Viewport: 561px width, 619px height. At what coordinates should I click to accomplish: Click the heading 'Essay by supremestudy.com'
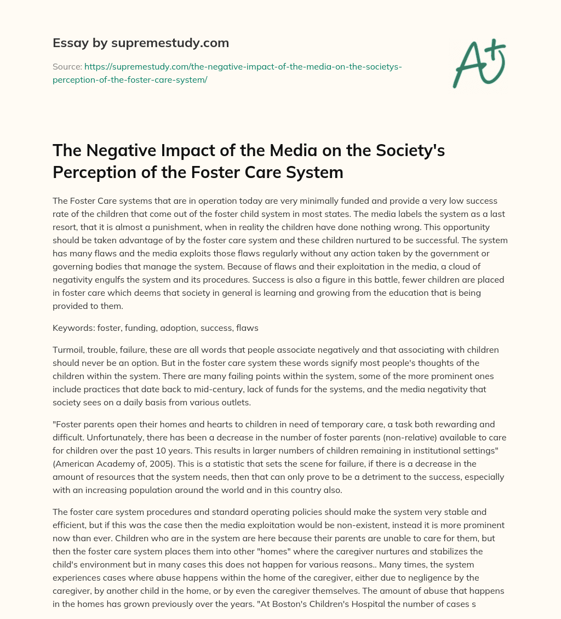click(x=141, y=43)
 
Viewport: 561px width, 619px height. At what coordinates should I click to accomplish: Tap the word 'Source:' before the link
click(x=67, y=67)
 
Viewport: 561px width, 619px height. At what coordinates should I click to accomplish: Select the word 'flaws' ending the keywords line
click(x=247, y=328)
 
